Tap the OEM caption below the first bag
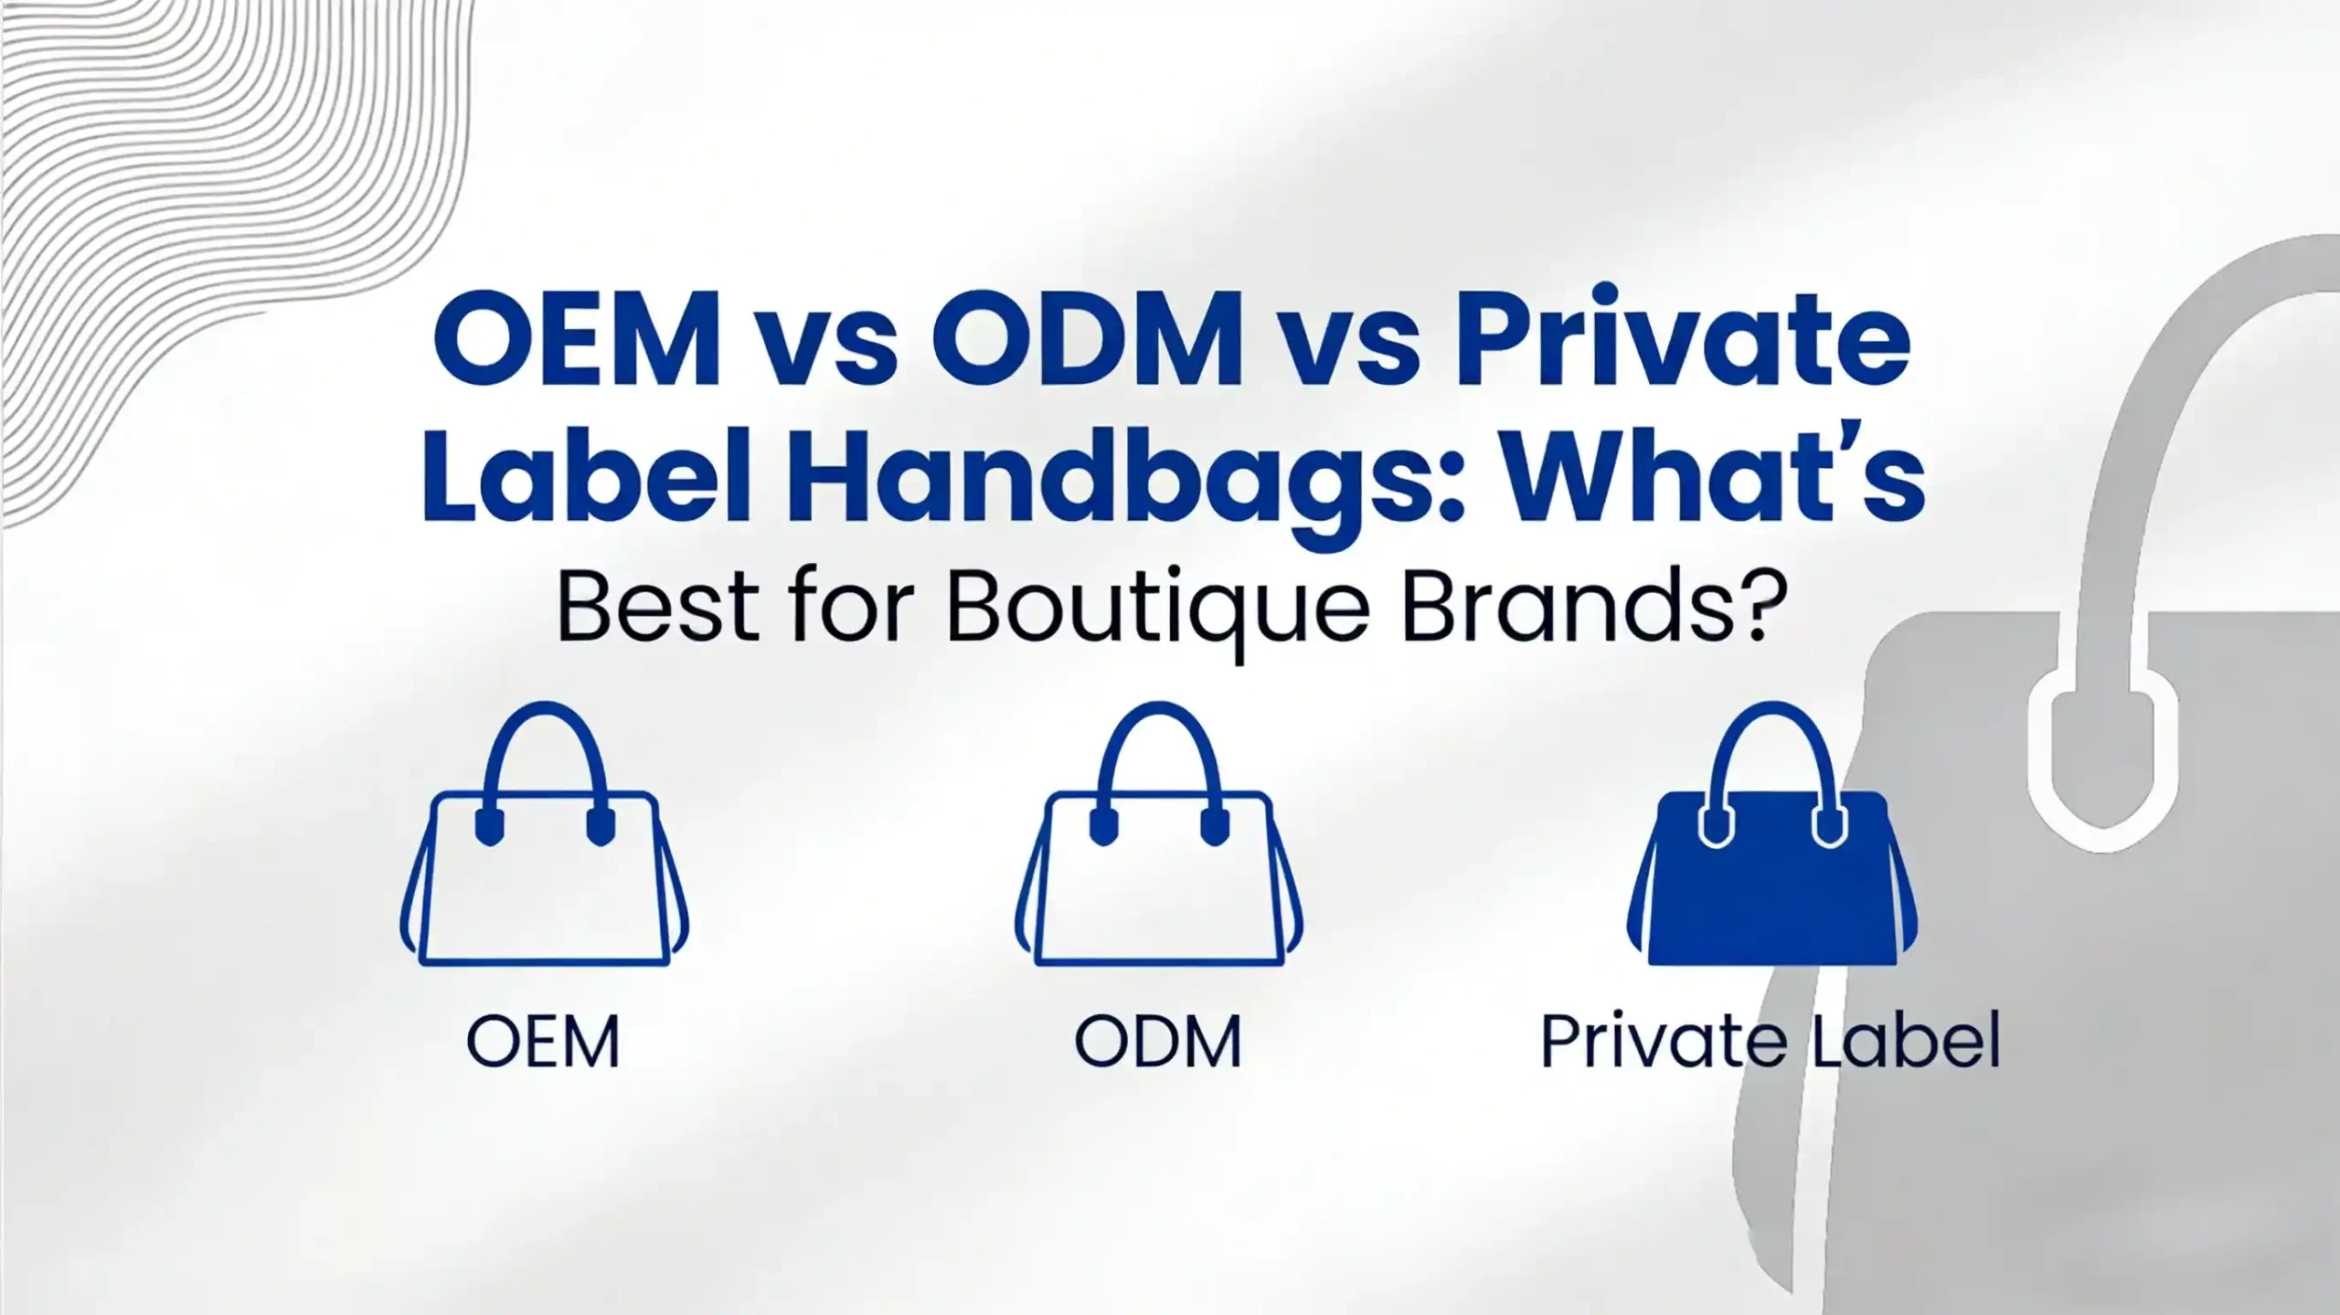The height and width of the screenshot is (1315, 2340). (x=543, y=1042)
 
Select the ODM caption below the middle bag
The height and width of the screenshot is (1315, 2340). (x=1158, y=1042)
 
